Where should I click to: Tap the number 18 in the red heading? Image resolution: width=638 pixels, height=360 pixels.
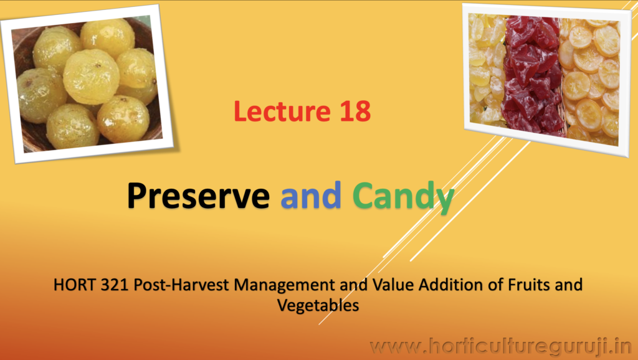pos(355,111)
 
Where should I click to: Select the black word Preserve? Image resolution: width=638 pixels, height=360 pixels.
pos(198,196)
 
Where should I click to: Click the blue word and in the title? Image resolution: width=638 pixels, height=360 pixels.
pos(311,196)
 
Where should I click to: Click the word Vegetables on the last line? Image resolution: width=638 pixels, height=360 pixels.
pos(318,306)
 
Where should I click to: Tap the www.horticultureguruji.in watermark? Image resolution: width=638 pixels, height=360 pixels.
pos(500,346)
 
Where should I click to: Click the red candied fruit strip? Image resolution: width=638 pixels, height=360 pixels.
pos(532,75)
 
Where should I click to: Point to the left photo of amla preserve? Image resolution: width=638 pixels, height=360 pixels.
pos(88,83)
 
